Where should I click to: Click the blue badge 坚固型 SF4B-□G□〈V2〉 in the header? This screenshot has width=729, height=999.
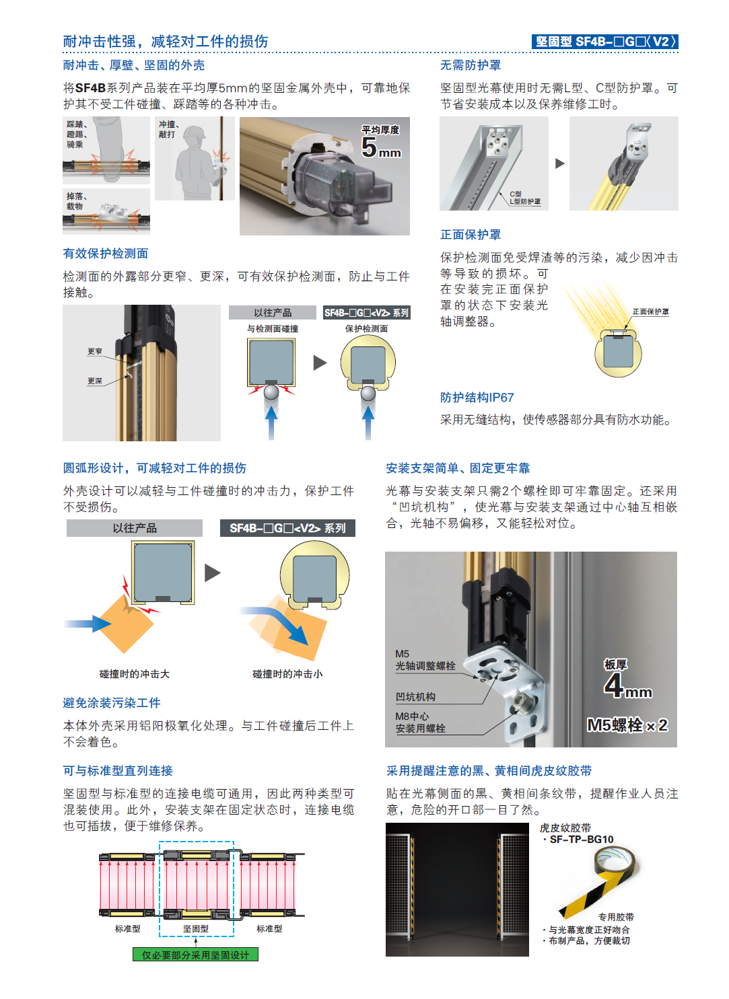tap(604, 42)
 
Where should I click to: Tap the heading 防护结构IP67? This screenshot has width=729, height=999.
tap(477, 398)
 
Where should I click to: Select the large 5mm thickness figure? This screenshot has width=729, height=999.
tap(380, 147)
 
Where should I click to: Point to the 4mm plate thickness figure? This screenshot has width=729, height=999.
tap(628, 686)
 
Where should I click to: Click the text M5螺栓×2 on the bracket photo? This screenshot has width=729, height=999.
tap(627, 725)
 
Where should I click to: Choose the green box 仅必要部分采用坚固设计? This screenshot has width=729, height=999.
tap(195, 955)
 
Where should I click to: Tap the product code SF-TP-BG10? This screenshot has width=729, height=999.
tap(582, 840)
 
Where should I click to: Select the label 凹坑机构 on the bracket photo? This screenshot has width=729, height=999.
tap(415, 697)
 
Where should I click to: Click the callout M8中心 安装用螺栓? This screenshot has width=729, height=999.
tap(420, 723)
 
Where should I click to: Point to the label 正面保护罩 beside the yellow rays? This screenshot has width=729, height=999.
tap(650, 311)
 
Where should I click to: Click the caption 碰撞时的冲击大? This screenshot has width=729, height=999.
tap(135, 674)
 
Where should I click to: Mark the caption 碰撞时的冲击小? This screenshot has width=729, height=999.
tap(287, 674)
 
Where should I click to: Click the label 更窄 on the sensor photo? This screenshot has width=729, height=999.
tap(95, 351)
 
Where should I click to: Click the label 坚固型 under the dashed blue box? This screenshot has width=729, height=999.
tap(196, 928)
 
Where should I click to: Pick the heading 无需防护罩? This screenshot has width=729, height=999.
tap(471, 65)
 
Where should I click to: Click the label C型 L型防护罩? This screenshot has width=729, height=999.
tap(525, 198)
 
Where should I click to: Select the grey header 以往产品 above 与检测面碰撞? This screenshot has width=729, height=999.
tap(273, 313)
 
